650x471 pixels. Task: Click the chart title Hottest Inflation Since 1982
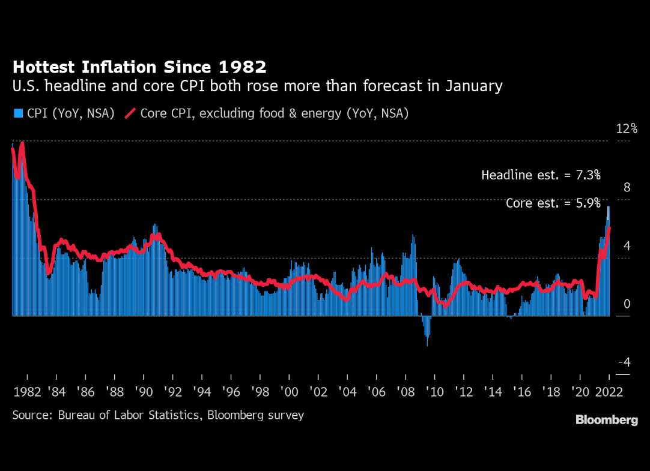(x=139, y=66)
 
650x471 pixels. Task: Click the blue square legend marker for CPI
(x=17, y=113)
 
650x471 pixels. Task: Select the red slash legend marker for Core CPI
(x=129, y=113)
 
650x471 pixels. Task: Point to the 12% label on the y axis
(x=627, y=129)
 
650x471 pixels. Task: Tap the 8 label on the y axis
(x=627, y=188)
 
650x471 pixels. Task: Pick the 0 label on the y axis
(x=627, y=304)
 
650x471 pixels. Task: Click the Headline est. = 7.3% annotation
(x=541, y=175)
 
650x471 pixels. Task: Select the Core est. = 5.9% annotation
(x=553, y=203)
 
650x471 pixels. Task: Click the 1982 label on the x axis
(x=26, y=392)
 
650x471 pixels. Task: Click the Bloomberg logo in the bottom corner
(x=607, y=420)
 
